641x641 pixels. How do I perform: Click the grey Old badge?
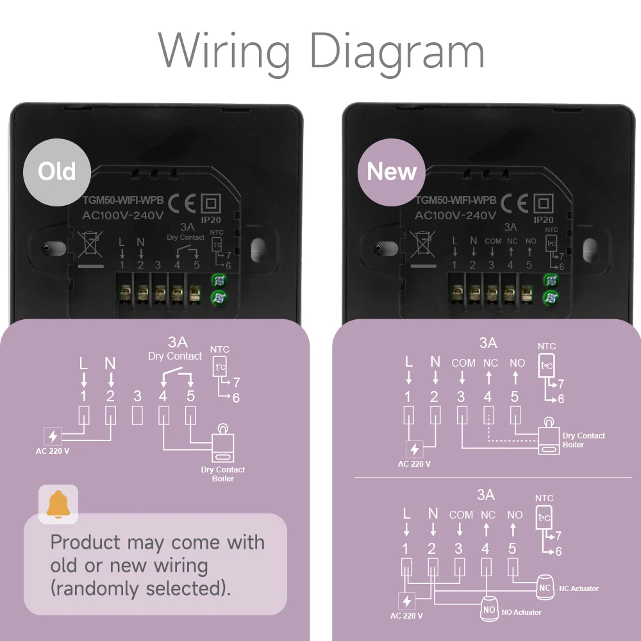56,171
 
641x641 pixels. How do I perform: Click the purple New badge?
392,172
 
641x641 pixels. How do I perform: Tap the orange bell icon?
58,504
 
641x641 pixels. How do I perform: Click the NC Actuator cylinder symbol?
545,586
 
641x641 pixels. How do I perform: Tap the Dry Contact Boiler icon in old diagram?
222,445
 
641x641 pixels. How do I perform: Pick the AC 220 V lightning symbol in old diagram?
53,437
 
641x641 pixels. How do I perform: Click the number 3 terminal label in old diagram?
137,395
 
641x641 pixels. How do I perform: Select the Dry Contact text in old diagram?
175,356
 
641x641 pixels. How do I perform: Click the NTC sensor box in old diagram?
219,367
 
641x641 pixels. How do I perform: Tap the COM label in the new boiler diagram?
463,363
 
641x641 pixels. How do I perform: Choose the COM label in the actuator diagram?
461,515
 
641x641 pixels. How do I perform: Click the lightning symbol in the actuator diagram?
406,601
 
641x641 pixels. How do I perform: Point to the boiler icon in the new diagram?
550,438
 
